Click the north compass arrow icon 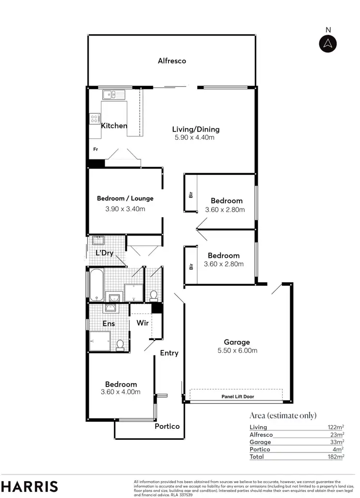(x=328, y=43)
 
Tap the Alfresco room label (x=172, y=61)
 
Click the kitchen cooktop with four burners (x=95, y=118)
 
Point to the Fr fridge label (x=96, y=149)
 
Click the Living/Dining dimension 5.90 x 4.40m (x=194, y=138)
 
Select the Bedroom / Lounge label (x=125, y=198)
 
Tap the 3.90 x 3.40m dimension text (x=125, y=209)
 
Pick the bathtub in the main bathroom (x=96, y=284)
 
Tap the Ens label (x=108, y=323)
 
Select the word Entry (x=169, y=353)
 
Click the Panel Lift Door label (x=238, y=397)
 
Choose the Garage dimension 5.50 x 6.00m (x=237, y=351)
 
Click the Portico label (x=167, y=426)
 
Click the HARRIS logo (x=30, y=486)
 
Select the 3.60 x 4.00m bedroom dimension (x=120, y=392)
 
